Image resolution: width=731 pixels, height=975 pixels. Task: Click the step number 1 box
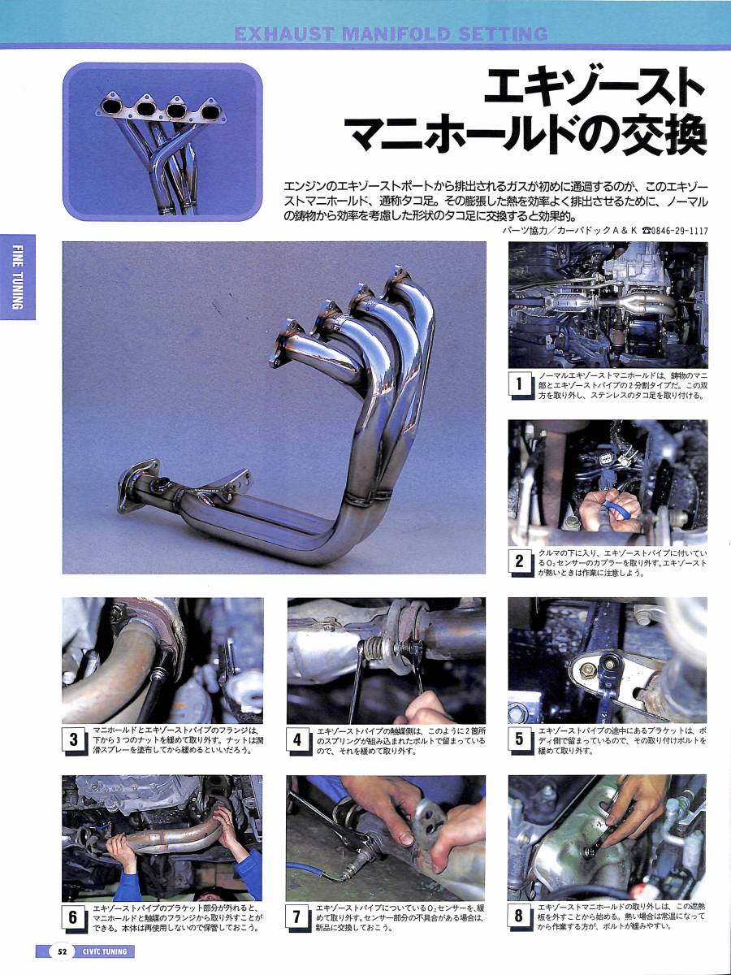click(520, 384)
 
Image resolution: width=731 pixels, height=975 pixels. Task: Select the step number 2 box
click(520, 562)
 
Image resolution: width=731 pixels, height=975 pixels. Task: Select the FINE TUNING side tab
click(18, 277)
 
